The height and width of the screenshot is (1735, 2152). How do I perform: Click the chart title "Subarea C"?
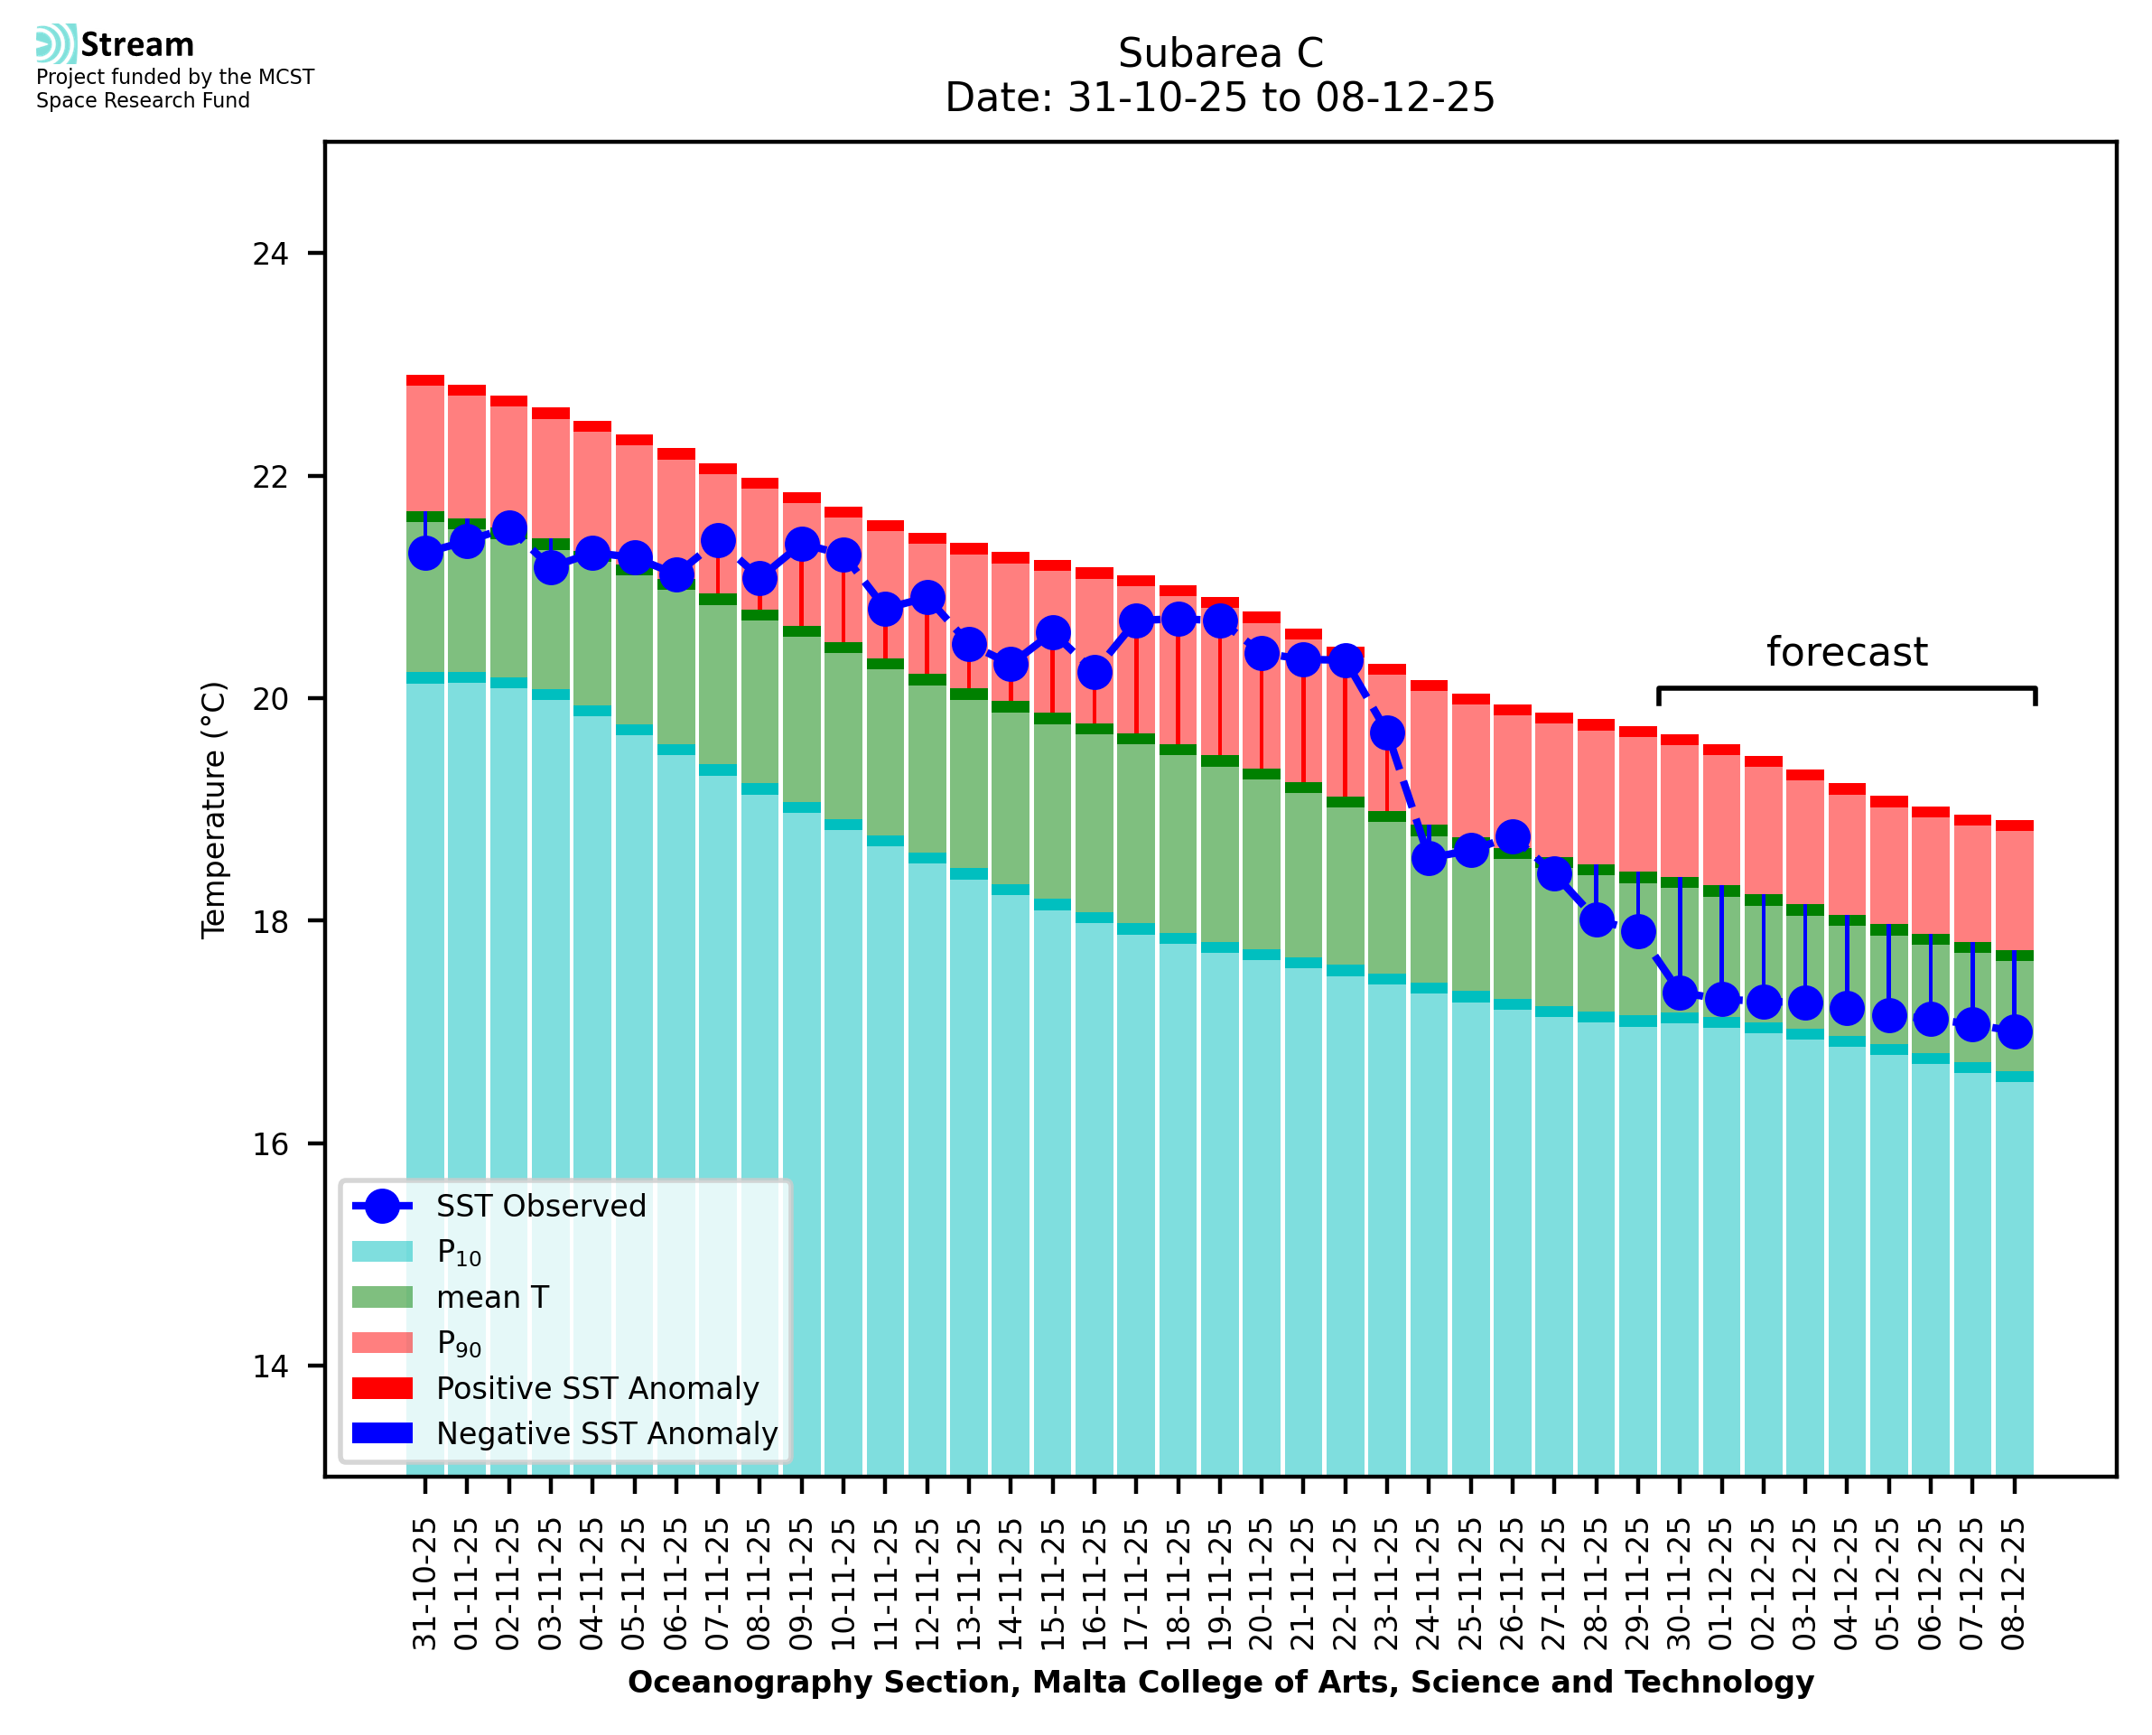1220,53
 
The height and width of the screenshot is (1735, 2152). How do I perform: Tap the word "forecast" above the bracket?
1846,653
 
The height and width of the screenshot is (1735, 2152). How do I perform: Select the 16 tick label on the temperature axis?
270,1143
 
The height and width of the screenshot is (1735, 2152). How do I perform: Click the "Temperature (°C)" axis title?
215,809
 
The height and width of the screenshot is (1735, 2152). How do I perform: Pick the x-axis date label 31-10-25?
424,1584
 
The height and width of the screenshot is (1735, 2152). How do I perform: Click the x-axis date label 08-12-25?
2013,1584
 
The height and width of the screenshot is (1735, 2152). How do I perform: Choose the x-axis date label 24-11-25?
1429,1584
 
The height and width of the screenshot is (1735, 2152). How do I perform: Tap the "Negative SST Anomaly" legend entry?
607,1433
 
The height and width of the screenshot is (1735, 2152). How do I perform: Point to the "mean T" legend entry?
492,1297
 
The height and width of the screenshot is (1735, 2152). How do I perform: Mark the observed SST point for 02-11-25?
509,527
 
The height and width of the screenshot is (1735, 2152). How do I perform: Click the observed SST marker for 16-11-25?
1094,673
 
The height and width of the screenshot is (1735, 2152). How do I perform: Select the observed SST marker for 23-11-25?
1387,733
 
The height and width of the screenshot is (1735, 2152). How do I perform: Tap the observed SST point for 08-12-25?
2014,1031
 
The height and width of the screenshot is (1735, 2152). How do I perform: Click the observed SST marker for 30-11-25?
1680,993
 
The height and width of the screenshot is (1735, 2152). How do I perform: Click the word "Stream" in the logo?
137,45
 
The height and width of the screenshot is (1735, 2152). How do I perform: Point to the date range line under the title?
1220,98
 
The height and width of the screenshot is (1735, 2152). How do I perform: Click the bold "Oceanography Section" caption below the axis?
1220,1683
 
